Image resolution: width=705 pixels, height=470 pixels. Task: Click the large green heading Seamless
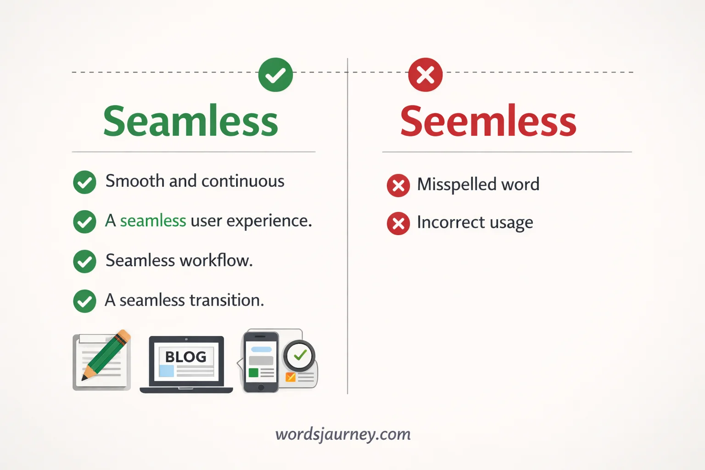coord(190,121)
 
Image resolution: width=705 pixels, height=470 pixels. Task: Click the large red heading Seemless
coord(488,121)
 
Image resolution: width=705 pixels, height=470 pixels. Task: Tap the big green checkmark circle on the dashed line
coord(275,75)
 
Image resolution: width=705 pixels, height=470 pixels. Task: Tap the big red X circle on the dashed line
coord(425,75)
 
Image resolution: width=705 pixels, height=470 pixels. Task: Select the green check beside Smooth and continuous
coord(84,182)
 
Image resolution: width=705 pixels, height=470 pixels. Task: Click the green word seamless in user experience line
coord(153,221)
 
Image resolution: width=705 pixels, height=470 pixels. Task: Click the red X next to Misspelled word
coord(398,186)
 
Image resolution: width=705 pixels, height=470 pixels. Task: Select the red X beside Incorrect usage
coord(398,224)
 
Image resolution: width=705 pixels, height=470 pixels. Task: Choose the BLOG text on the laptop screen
coord(186,357)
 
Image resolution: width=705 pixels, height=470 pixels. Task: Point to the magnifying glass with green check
coord(299,356)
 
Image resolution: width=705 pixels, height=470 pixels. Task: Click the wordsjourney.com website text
coord(343,434)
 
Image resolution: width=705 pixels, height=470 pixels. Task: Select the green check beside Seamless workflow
coord(84,262)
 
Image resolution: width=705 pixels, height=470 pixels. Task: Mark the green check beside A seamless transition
coord(84,301)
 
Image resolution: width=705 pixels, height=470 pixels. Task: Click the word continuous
coord(243,181)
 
